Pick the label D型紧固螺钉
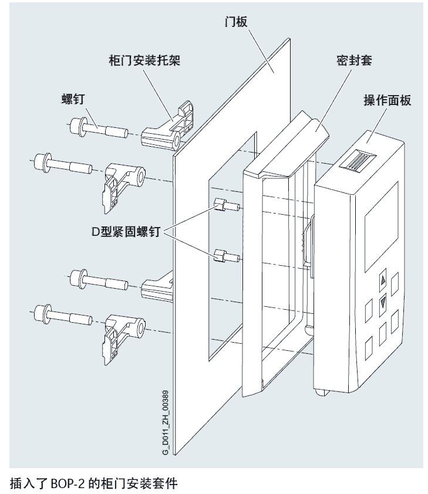(x=124, y=234)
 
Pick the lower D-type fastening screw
(x=224, y=256)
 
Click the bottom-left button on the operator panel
(x=370, y=348)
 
